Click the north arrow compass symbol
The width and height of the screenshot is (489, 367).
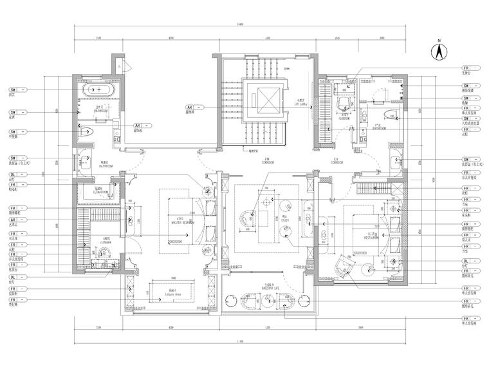[x=438, y=51]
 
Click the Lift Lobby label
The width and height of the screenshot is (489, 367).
[x=282, y=102]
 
